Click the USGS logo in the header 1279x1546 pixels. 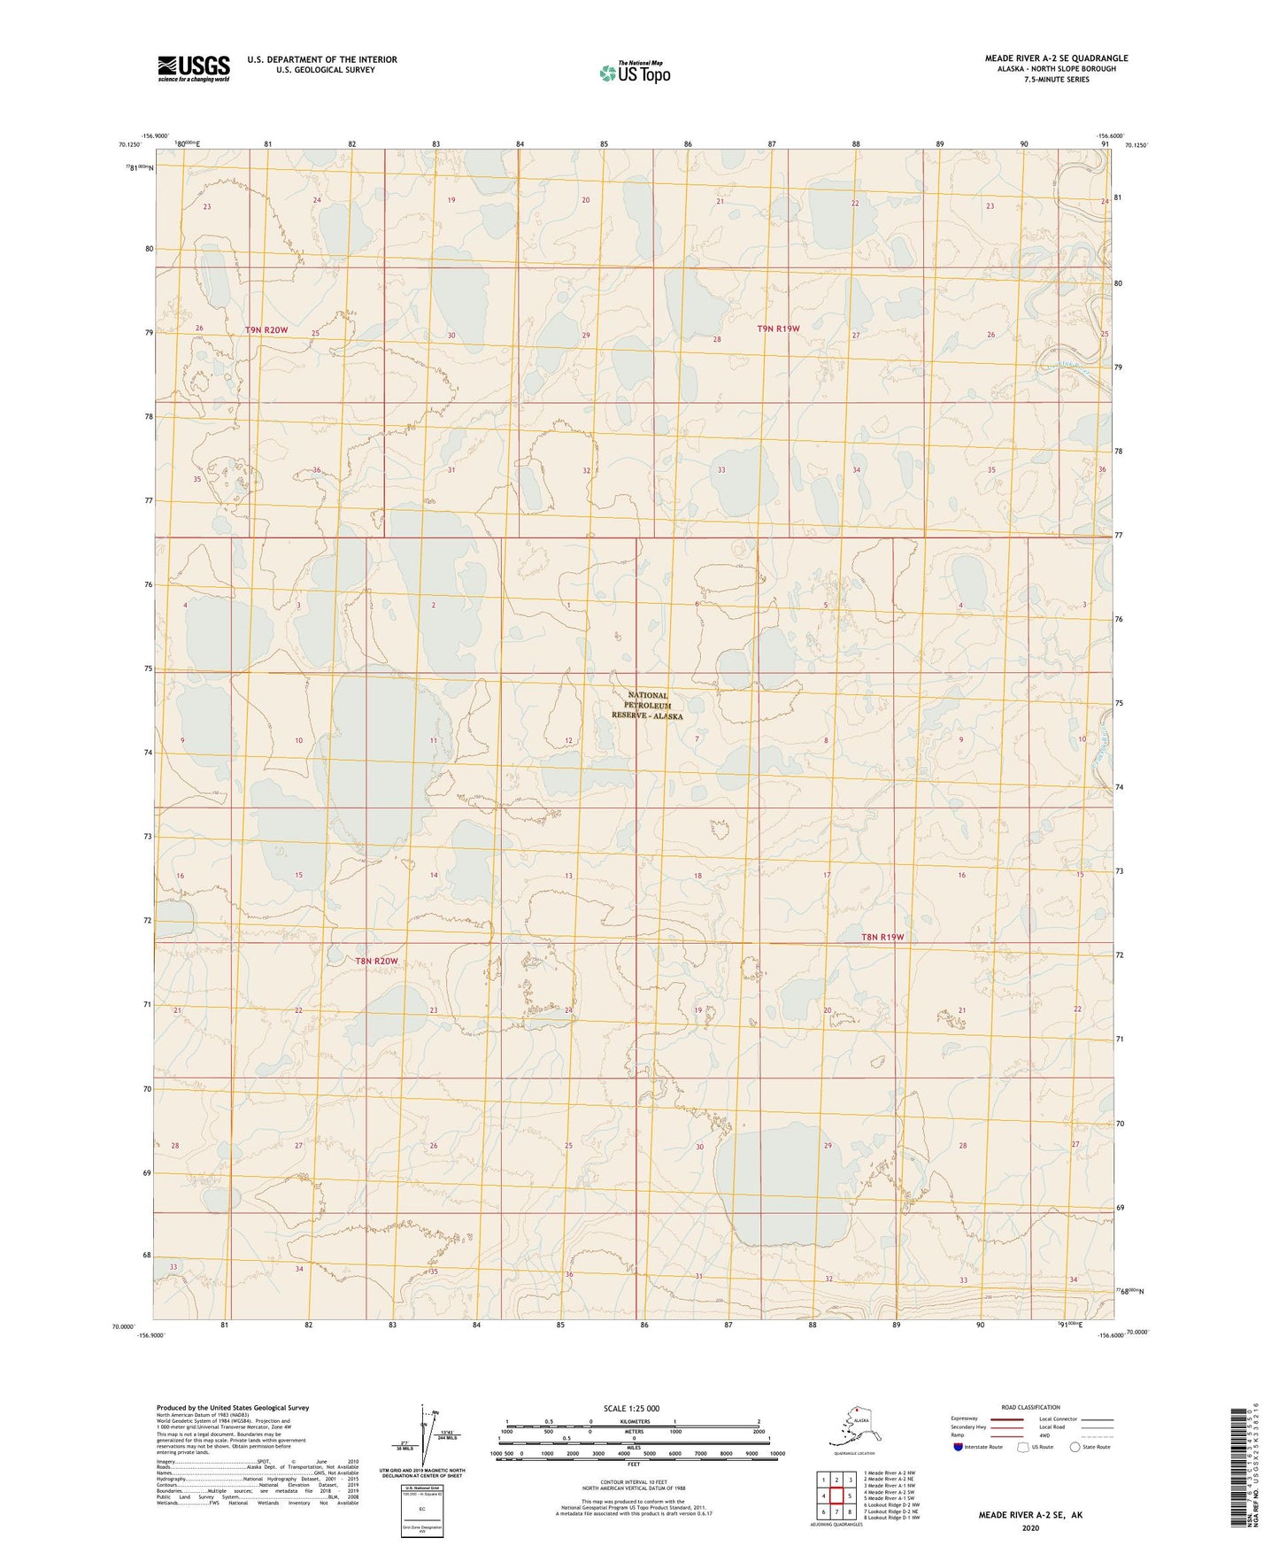(x=193, y=67)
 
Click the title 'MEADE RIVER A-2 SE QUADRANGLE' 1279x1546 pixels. (x=1056, y=58)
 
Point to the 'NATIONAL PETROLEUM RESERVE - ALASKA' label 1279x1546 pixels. (x=647, y=706)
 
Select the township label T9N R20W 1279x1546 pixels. (x=266, y=330)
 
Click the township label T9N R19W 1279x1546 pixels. (x=778, y=329)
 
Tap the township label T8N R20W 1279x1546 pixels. (x=376, y=961)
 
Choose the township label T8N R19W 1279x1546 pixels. (x=882, y=937)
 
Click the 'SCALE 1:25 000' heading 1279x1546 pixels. (x=631, y=1409)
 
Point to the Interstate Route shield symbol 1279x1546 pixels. (x=959, y=1446)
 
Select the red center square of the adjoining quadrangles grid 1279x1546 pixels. (x=836, y=1496)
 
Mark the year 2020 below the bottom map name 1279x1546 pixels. (x=1030, y=1527)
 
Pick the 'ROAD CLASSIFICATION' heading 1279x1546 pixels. (x=1030, y=1407)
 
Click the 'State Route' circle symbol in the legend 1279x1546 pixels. (x=1075, y=1447)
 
